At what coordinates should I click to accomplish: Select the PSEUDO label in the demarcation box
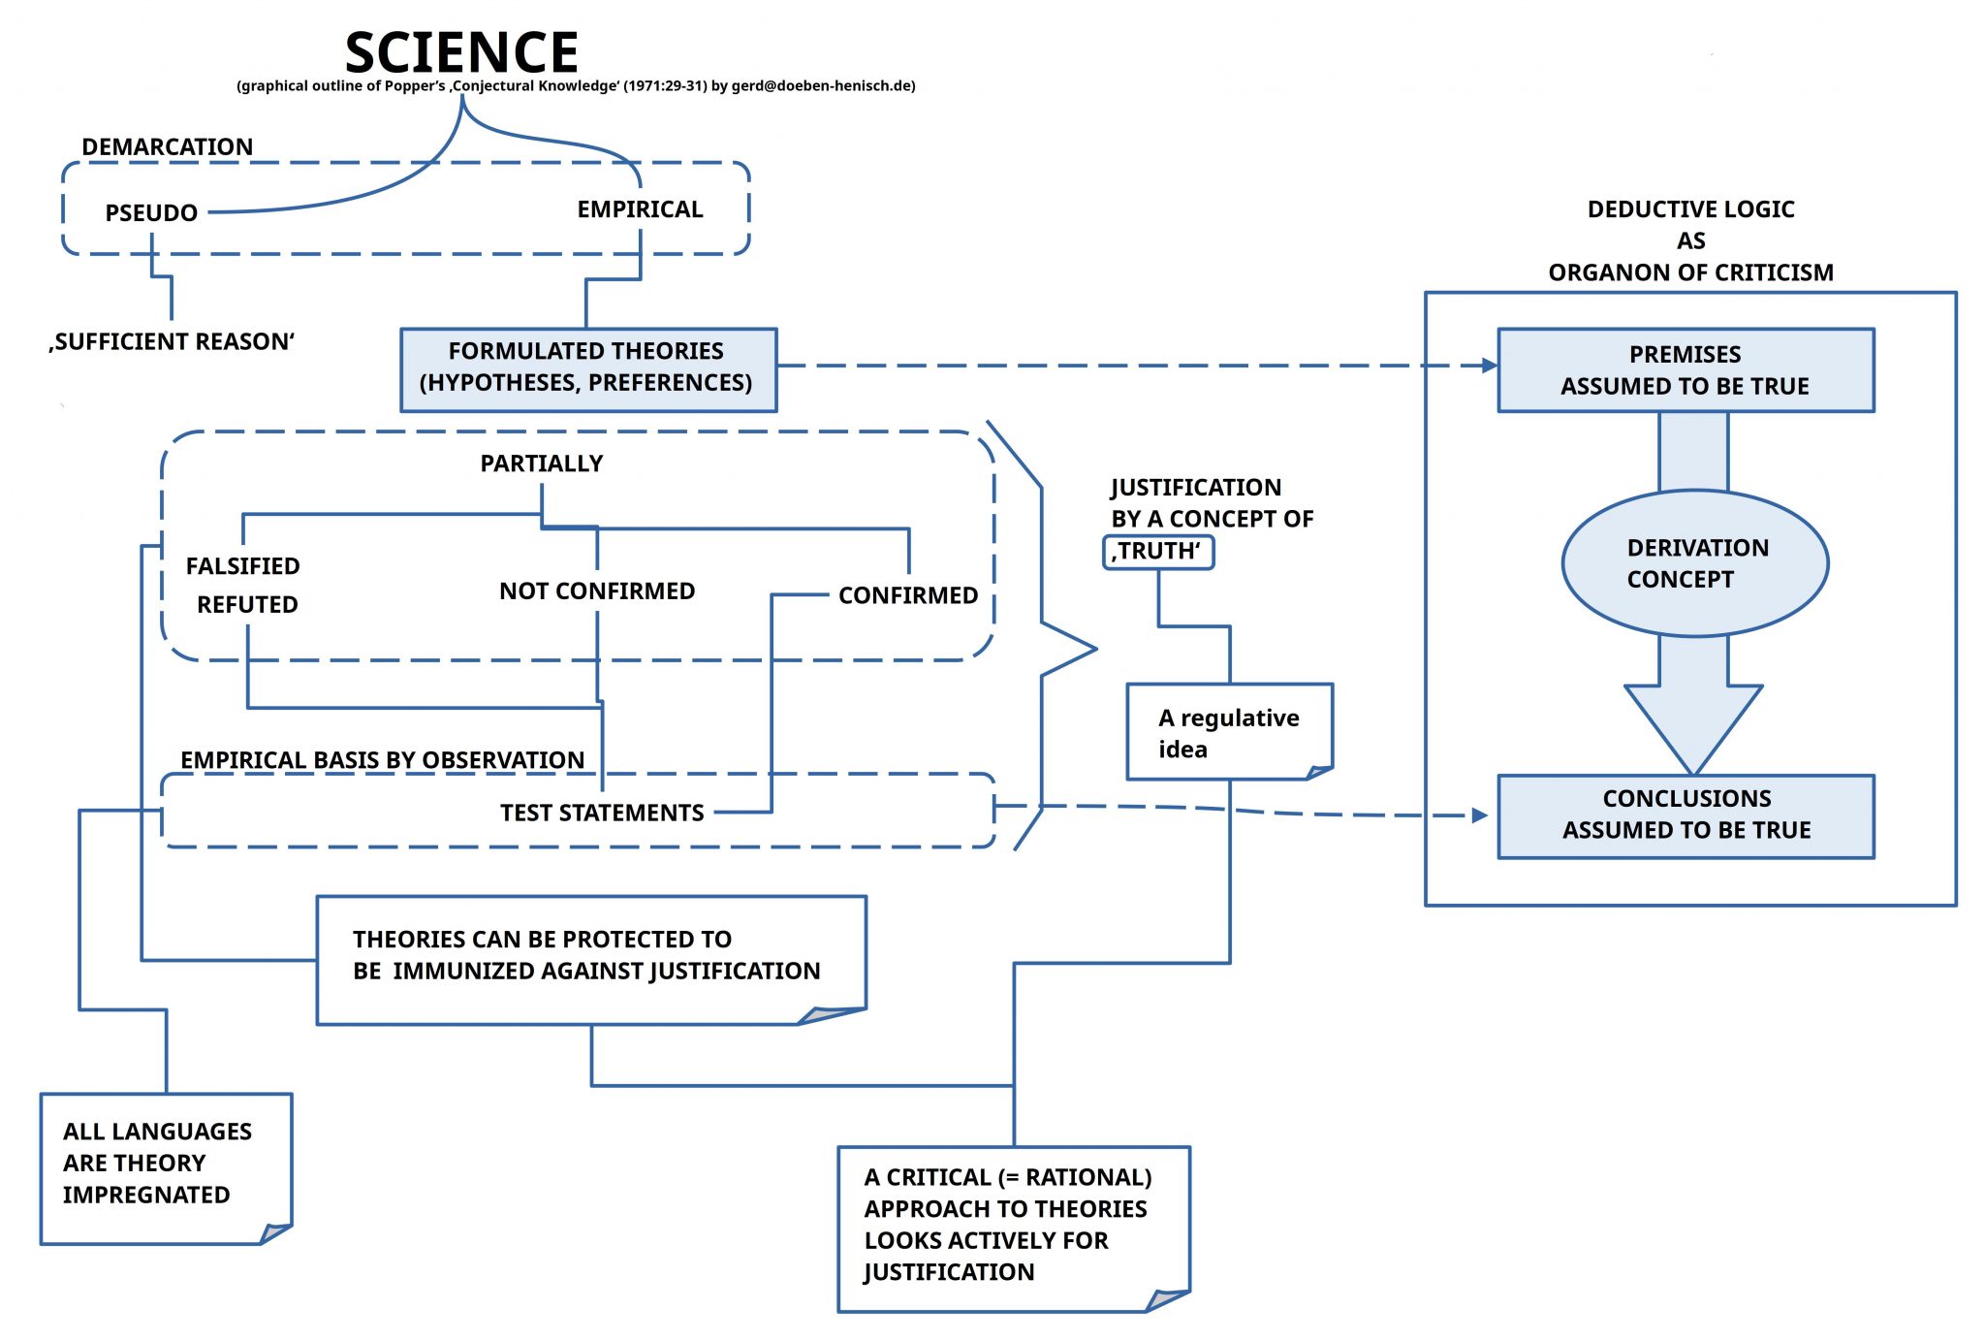151,212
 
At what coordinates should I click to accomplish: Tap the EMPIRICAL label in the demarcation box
640,208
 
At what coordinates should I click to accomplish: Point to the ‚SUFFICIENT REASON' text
172,341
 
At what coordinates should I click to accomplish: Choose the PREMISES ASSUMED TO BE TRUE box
1685,370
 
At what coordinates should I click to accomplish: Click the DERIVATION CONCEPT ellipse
1694,563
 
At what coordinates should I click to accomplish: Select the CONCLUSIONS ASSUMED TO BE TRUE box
1685,815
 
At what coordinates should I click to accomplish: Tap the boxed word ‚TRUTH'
1157,552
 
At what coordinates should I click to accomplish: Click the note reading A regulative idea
1228,732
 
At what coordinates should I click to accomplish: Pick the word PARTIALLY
541,463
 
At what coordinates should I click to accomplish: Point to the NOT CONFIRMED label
597,591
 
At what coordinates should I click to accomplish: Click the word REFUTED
247,604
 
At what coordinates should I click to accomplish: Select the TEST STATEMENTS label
602,813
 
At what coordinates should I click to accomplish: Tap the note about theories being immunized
589,957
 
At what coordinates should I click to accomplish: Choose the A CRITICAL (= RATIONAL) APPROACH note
1011,1226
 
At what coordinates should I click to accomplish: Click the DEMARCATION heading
167,146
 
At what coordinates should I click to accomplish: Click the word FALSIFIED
242,565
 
